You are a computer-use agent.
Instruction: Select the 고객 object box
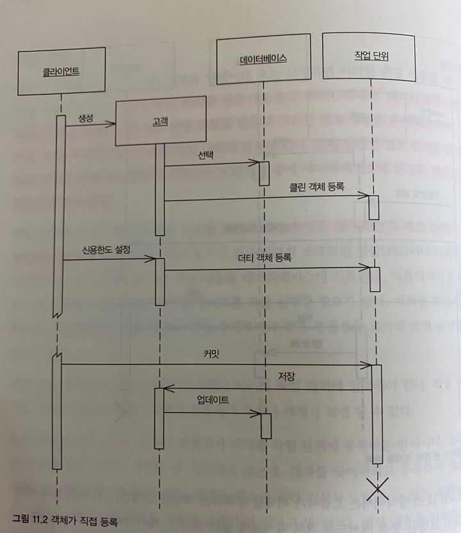[x=161, y=120]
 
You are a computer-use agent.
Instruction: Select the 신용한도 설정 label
[x=106, y=249]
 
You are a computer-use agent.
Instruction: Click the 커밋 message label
[x=211, y=353]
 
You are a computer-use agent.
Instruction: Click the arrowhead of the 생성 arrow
[x=112, y=125]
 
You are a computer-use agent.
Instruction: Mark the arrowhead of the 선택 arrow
[x=255, y=163]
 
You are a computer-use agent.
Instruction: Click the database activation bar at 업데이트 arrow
[x=266, y=425]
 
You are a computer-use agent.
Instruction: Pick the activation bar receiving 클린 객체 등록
[x=374, y=207]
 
